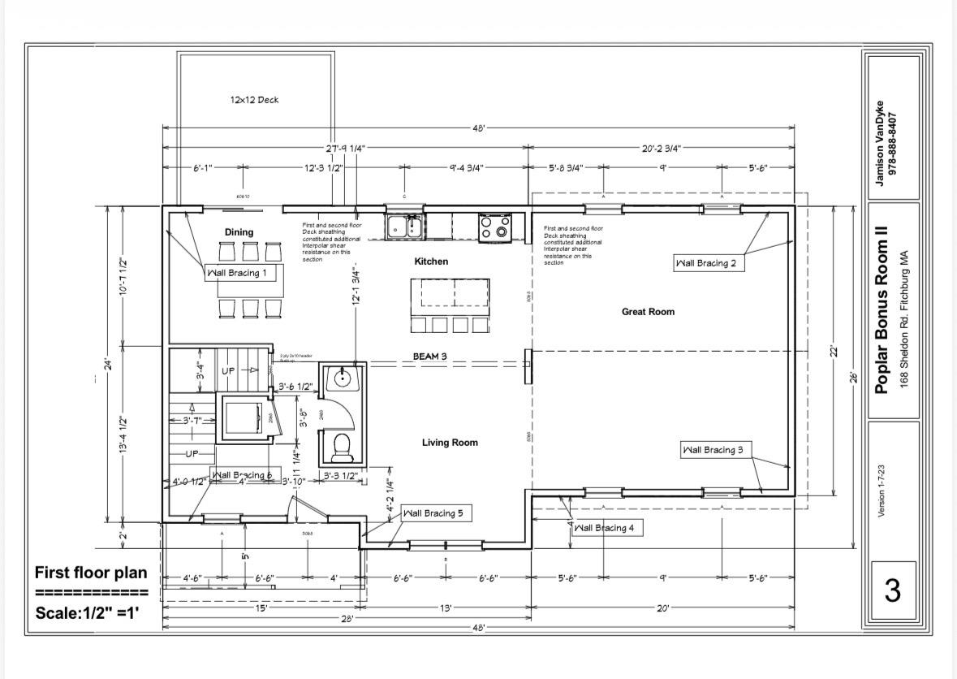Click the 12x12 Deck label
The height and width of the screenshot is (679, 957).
click(x=254, y=100)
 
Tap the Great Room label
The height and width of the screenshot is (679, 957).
click(x=648, y=312)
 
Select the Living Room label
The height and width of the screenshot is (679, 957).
click(x=450, y=443)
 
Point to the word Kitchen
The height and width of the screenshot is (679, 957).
click(x=431, y=262)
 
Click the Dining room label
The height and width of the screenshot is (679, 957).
click(x=239, y=232)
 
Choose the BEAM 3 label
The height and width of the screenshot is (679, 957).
click(x=430, y=356)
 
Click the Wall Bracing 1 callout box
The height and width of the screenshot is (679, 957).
click(x=235, y=273)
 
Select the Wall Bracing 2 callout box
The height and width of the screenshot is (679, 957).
click(x=709, y=263)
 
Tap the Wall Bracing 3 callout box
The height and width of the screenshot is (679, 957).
click(x=712, y=450)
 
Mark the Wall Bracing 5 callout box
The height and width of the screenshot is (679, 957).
click(x=433, y=513)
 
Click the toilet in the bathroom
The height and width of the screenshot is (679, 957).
click(x=342, y=447)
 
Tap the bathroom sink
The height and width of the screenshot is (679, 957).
click(x=342, y=378)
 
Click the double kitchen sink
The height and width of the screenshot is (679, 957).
click(x=403, y=227)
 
